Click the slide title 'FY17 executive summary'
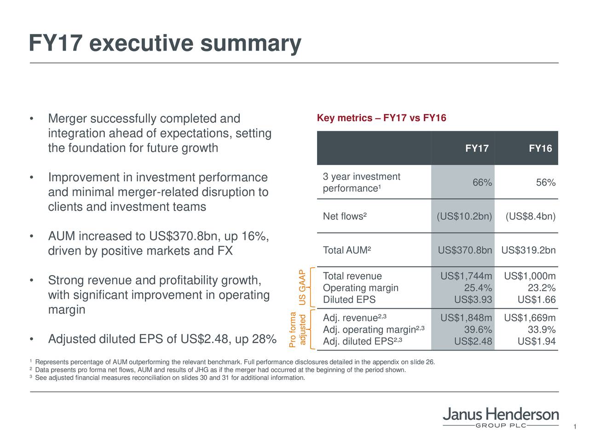(165, 44)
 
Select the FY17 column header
(477, 148)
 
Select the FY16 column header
(540, 148)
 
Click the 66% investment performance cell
(482, 183)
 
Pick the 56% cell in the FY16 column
(546, 183)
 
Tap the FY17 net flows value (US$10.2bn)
(464, 217)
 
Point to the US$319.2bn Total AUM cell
(528, 250)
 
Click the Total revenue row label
(352, 276)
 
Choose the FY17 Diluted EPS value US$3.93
(473, 300)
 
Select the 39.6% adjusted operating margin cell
(478, 330)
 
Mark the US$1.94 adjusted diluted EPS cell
(537, 342)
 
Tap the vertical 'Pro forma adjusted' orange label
(297, 329)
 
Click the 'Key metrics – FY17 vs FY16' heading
(381, 119)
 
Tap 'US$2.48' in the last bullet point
(206, 339)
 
